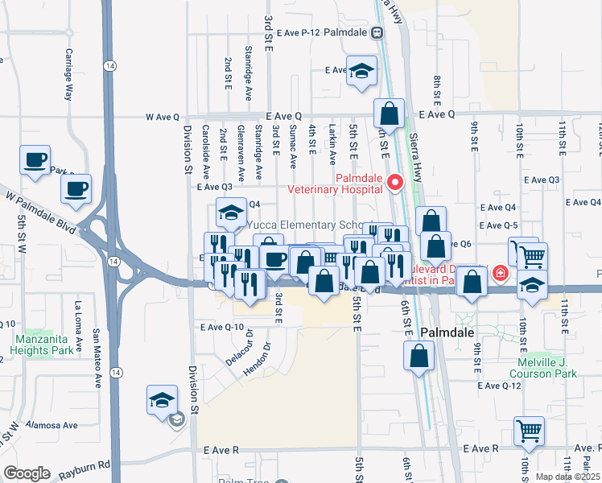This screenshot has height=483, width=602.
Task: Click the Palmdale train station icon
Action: [377, 33]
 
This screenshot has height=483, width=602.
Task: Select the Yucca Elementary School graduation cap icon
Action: [230, 213]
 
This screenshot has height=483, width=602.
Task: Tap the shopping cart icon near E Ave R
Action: [529, 431]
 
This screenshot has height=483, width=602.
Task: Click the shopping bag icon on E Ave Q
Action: [389, 114]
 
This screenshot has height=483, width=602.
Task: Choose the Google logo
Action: [27, 473]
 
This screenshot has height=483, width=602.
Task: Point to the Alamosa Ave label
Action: [51, 424]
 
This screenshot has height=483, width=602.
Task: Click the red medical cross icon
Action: [501, 274]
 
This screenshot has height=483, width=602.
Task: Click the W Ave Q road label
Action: [162, 117]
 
